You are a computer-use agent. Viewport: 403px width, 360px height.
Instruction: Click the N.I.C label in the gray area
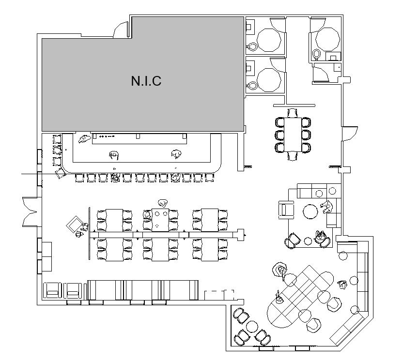pos(146,81)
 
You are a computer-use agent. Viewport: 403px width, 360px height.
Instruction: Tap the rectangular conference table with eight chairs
pos(292,134)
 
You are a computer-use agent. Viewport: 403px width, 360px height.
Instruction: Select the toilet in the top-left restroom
pos(252,47)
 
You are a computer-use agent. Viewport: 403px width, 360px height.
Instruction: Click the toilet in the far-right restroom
pos(317,53)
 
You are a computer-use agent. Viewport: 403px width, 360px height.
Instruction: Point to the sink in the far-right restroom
pos(334,58)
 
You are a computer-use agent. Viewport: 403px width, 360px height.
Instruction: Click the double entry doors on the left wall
pos(29,211)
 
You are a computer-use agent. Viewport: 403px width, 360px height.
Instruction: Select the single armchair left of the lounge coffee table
pos(287,209)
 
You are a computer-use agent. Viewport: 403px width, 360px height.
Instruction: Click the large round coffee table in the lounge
pos(310,210)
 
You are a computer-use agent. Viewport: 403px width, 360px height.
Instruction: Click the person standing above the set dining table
pos(163,202)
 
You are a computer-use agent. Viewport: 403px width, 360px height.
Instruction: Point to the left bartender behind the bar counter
pos(114,155)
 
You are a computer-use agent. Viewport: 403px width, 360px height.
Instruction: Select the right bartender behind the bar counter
pos(176,154)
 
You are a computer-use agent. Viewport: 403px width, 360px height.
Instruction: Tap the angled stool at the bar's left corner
pos(61,173)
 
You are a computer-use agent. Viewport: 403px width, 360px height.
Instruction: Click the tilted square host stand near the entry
pos(75,224)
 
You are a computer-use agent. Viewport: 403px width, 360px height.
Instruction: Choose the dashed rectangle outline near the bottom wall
pos(219,295)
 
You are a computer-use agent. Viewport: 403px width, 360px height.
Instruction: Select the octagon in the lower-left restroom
pos(269,79)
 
